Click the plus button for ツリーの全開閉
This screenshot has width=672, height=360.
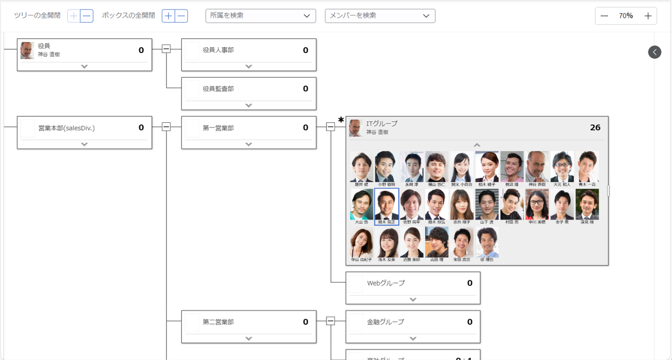[x=73, y=16]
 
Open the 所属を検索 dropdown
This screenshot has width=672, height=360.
[x=260, y=16]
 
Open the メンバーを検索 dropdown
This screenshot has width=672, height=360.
[x=380, y=16]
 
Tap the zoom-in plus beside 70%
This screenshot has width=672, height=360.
[x=648, y=16]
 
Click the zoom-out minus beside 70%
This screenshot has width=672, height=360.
[x=604, y=16]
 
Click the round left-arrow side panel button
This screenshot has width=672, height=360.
[x=654, y=52]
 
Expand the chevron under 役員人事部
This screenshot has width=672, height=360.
[x=249, y=67]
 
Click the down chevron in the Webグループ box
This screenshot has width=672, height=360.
[x=413, y=300]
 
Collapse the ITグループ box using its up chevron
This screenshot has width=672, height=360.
[x=477, y=145]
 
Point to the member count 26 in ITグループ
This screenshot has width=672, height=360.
[x=595, y=128]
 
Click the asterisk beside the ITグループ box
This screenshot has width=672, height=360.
[x=341, y=120]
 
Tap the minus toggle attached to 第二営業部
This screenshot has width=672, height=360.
[x=330, y=321]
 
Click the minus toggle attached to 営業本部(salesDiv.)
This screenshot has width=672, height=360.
[x=166, y=127]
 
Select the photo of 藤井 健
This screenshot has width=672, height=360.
[x=362, y=167]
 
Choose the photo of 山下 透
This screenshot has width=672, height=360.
[x=487, y=205]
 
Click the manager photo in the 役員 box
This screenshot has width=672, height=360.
[x=27, y=50]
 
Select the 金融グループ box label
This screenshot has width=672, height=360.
[x=385, y=322]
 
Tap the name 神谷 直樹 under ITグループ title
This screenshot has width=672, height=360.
[x=377, y=132]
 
